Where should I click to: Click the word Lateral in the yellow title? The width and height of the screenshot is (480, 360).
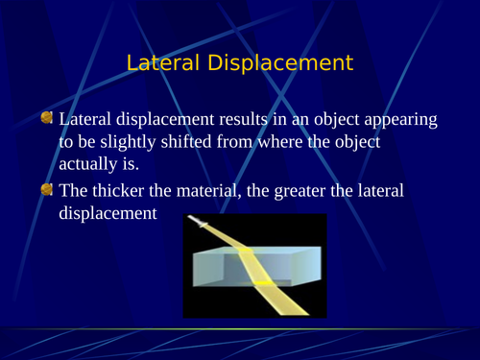[x=159, y=64]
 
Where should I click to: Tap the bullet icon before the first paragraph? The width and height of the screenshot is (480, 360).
[x=48, y=118]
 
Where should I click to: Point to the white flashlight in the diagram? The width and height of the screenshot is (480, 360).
[x=200, y=224]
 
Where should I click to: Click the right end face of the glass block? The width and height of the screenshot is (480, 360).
[x=309, y=266]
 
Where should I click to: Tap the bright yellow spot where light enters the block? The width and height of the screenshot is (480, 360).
[x=245, y=251]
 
